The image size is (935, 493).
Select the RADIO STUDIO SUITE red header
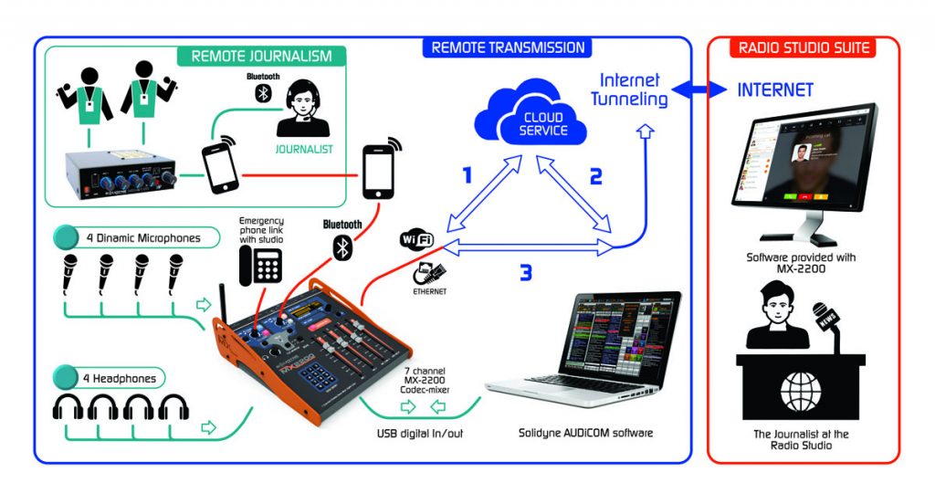pos(804,47)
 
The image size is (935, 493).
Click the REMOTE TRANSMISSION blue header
pos(509,47)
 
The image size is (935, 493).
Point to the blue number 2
pos(595,175)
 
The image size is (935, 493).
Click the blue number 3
pos(525,272)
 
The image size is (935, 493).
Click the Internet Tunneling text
pos(629,89)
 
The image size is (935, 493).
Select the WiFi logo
pos(416,241)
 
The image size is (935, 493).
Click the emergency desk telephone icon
pos(258,265)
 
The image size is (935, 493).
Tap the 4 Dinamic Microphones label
pos(142,238)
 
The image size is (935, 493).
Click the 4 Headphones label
pos(121,378)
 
